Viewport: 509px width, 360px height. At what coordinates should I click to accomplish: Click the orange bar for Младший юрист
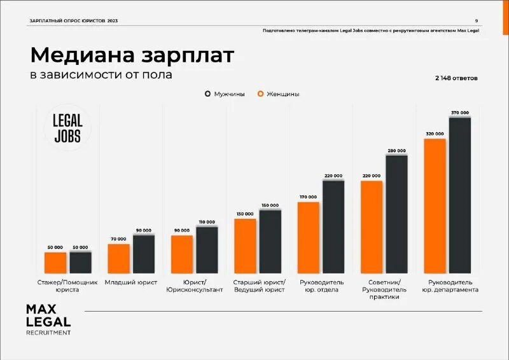[x=118, y=258]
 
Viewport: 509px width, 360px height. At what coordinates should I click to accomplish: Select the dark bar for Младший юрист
[x=144, y=254]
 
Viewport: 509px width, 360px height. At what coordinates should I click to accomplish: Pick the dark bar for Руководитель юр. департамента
[x=460, y=195]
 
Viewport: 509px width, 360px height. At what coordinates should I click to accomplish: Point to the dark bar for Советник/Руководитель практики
[x=396, y=214]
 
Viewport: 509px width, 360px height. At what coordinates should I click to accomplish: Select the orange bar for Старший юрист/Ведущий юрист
[x=245, y=246]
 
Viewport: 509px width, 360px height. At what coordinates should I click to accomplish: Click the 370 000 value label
[x=460, y=113]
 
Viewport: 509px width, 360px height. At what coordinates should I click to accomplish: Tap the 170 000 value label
[x=308, y=197]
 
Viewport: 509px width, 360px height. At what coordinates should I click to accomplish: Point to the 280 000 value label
[x=396, y=151]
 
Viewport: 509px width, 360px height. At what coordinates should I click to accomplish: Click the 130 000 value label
[x=245, y=214]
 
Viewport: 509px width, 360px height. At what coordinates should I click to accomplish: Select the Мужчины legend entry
[x=225, y=94]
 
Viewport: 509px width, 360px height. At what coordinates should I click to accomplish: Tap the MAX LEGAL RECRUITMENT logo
[x=48, y=319]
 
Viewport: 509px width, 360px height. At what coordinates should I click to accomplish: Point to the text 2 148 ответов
[x=456, y=78]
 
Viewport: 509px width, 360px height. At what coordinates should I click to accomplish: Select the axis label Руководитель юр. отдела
[x=321, y=286]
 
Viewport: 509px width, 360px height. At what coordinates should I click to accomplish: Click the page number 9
[x=477, y=20]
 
